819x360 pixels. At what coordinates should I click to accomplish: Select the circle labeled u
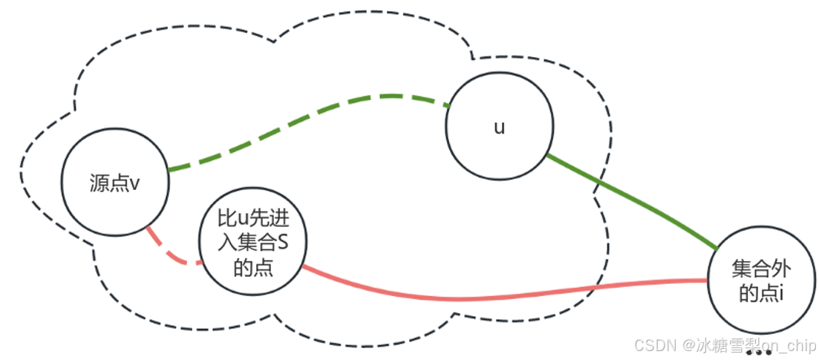point(500,127)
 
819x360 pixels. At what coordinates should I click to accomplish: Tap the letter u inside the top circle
point(500,127)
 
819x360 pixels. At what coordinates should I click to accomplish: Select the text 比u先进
point(253,219)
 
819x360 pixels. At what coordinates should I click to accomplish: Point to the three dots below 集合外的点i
point(758,353)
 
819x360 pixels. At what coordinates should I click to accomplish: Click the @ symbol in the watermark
point(688,345)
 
